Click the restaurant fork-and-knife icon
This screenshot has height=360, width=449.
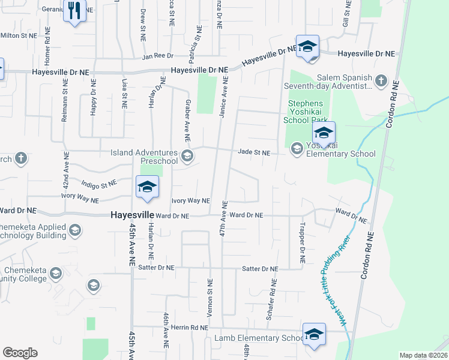pyautogui.click(x=74, y=11)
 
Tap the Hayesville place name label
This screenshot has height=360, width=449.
pyautogui.click(x=132, y=215)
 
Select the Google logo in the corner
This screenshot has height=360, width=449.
pyautogui.click(x=20, y=353)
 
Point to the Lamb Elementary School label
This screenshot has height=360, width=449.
pyautogui.click(x=260, y=338)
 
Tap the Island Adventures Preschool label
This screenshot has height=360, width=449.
pyautogui.click(x=144, y=157)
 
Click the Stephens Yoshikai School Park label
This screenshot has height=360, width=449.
pyautogui.click(x=307, y=110)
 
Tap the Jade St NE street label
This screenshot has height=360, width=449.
pyautogui.click(x=254, y=152)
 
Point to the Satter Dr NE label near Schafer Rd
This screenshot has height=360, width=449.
pyautogui.click(x=261, y=269)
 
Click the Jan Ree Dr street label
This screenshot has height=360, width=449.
pyautogui.click(x=157, y=57)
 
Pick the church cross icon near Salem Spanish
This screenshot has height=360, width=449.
pyautogui.click(x=381, y=80)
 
